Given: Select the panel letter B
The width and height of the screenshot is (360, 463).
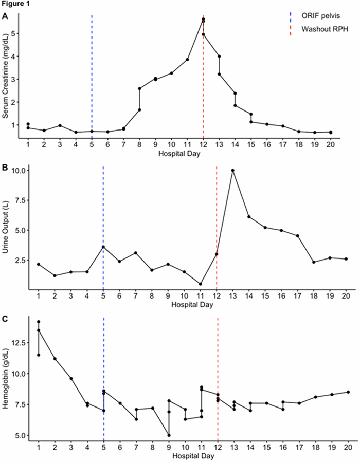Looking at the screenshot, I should (5, 168).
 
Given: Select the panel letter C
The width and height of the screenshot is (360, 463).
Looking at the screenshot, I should (5, 320).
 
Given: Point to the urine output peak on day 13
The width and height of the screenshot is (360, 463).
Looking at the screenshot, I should (233, 170).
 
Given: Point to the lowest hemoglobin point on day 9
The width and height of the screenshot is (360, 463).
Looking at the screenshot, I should (169, 435).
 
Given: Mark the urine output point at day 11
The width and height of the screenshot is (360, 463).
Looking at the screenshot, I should (201, 284).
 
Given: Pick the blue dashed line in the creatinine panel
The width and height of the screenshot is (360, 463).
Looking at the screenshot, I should (92, 77).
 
